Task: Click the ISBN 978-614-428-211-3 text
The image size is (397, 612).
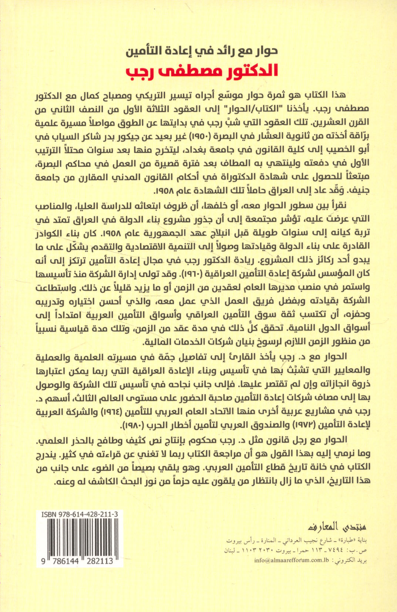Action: [x=80, y=514]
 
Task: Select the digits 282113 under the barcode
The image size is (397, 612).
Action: [x=100, y=561]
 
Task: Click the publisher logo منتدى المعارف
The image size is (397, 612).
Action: [x=337, y=526]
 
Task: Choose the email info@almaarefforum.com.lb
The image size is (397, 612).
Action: [x=292, y=560]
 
